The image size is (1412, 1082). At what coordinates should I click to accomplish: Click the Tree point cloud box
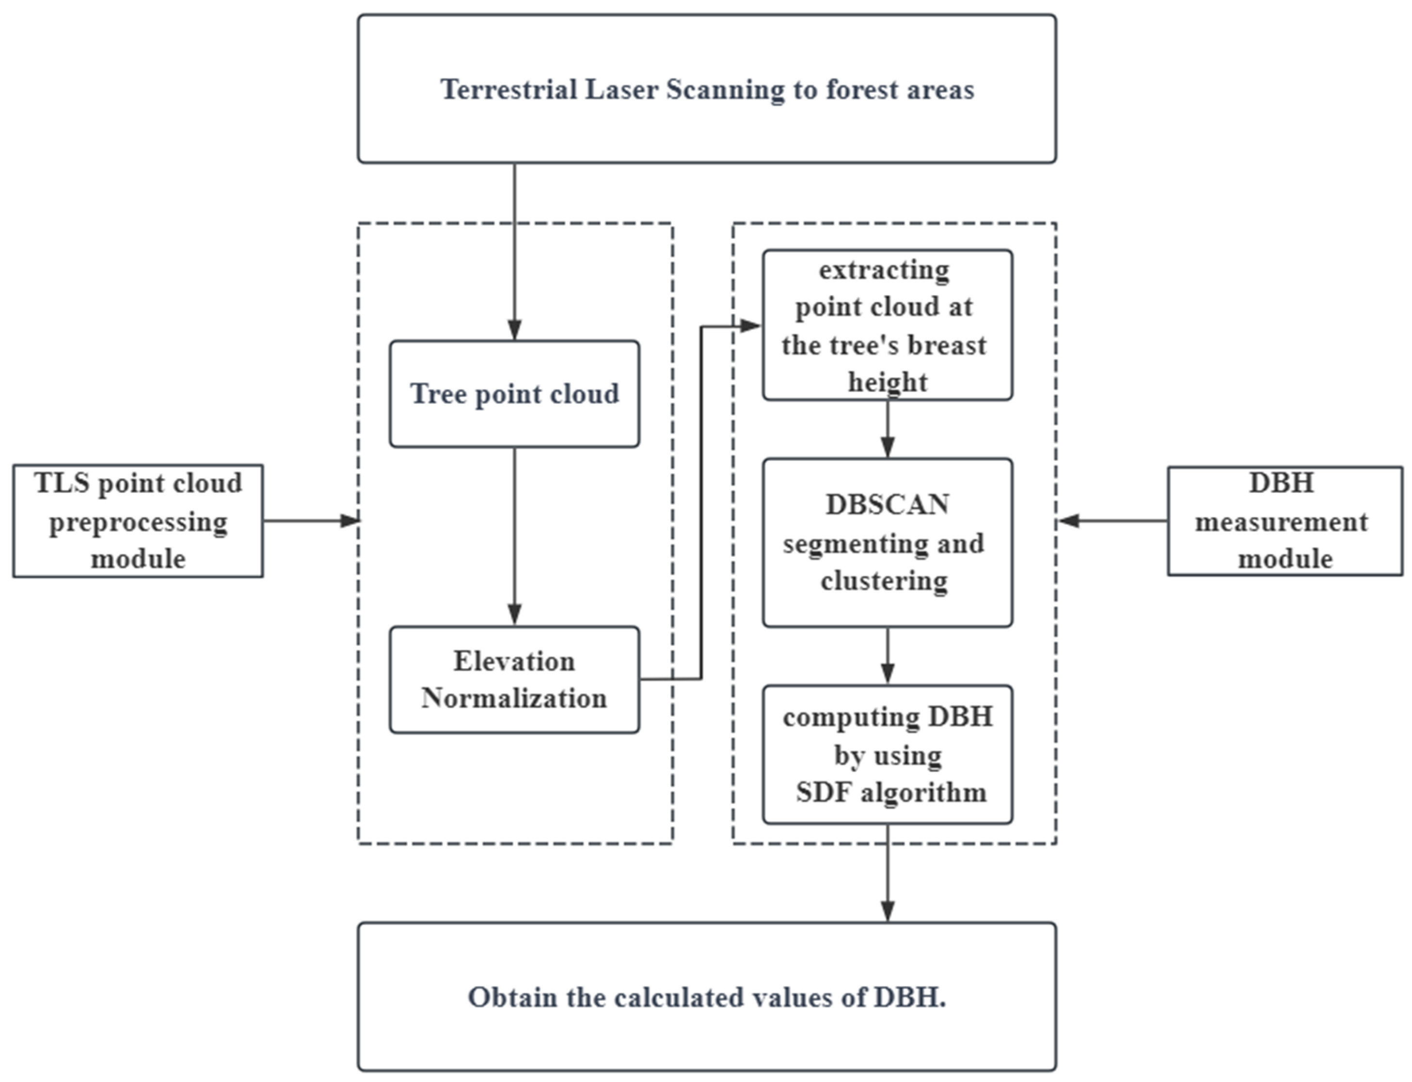(514, 394)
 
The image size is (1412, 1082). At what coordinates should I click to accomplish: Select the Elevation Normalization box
(514, 679)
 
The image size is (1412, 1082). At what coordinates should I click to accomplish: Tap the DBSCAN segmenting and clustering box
(887, 542)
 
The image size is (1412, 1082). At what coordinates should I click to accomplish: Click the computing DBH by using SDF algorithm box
(887, 754)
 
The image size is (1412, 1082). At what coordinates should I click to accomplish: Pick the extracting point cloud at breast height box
(887, 325)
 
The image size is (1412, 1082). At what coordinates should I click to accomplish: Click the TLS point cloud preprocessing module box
(138, 521)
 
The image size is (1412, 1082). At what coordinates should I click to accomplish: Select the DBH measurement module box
(1285, 521)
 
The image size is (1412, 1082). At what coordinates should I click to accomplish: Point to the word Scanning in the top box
(725, 90)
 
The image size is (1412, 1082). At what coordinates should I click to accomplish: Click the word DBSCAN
(887, 505)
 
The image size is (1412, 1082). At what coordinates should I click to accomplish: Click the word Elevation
(514, 661)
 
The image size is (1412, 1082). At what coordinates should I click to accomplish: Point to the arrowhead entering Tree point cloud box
(514, 330)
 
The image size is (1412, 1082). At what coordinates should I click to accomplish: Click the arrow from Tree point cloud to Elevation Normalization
(514, 534)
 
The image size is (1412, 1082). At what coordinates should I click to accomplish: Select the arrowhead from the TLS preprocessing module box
(349, 520)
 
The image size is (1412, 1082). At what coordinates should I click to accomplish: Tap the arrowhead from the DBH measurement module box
(1069, 520)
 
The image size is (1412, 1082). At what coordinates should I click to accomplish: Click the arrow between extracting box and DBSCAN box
(887, 428)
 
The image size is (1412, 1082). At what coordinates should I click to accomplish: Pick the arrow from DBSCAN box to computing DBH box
(887, 656)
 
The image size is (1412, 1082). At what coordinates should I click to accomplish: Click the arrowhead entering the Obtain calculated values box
(887, 910)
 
